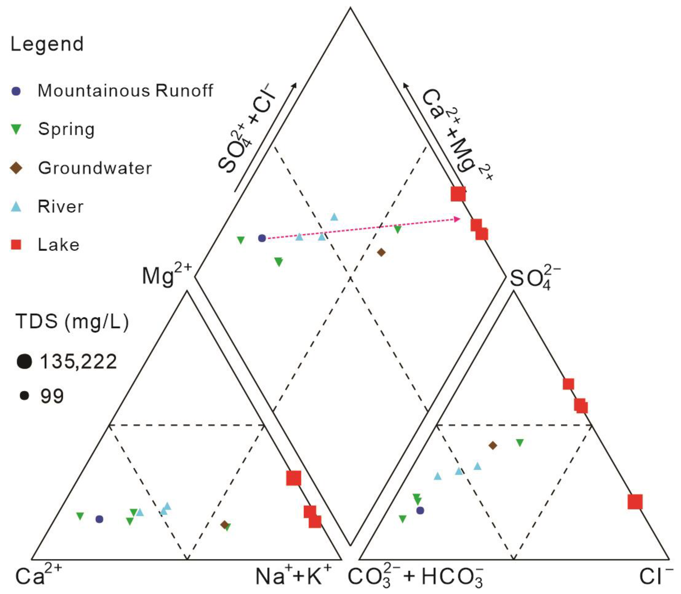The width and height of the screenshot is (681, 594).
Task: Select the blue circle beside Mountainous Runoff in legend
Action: [16, 91]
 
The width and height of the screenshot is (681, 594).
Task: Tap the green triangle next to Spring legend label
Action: [16, 129]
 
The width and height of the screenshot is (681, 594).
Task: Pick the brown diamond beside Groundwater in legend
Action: [16, 168]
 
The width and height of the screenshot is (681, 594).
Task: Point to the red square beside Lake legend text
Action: [16, 245]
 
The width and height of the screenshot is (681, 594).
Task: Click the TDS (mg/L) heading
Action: [72, 321]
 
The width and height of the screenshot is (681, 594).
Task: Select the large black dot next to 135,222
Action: [24, 361]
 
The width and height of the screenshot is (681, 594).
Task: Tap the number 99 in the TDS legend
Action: [52, 396]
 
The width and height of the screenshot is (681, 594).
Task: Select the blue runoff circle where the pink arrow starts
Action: [262, 238]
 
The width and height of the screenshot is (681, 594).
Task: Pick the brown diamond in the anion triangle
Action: [493, 445]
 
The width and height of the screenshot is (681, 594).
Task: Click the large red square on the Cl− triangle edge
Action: [635, 502]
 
